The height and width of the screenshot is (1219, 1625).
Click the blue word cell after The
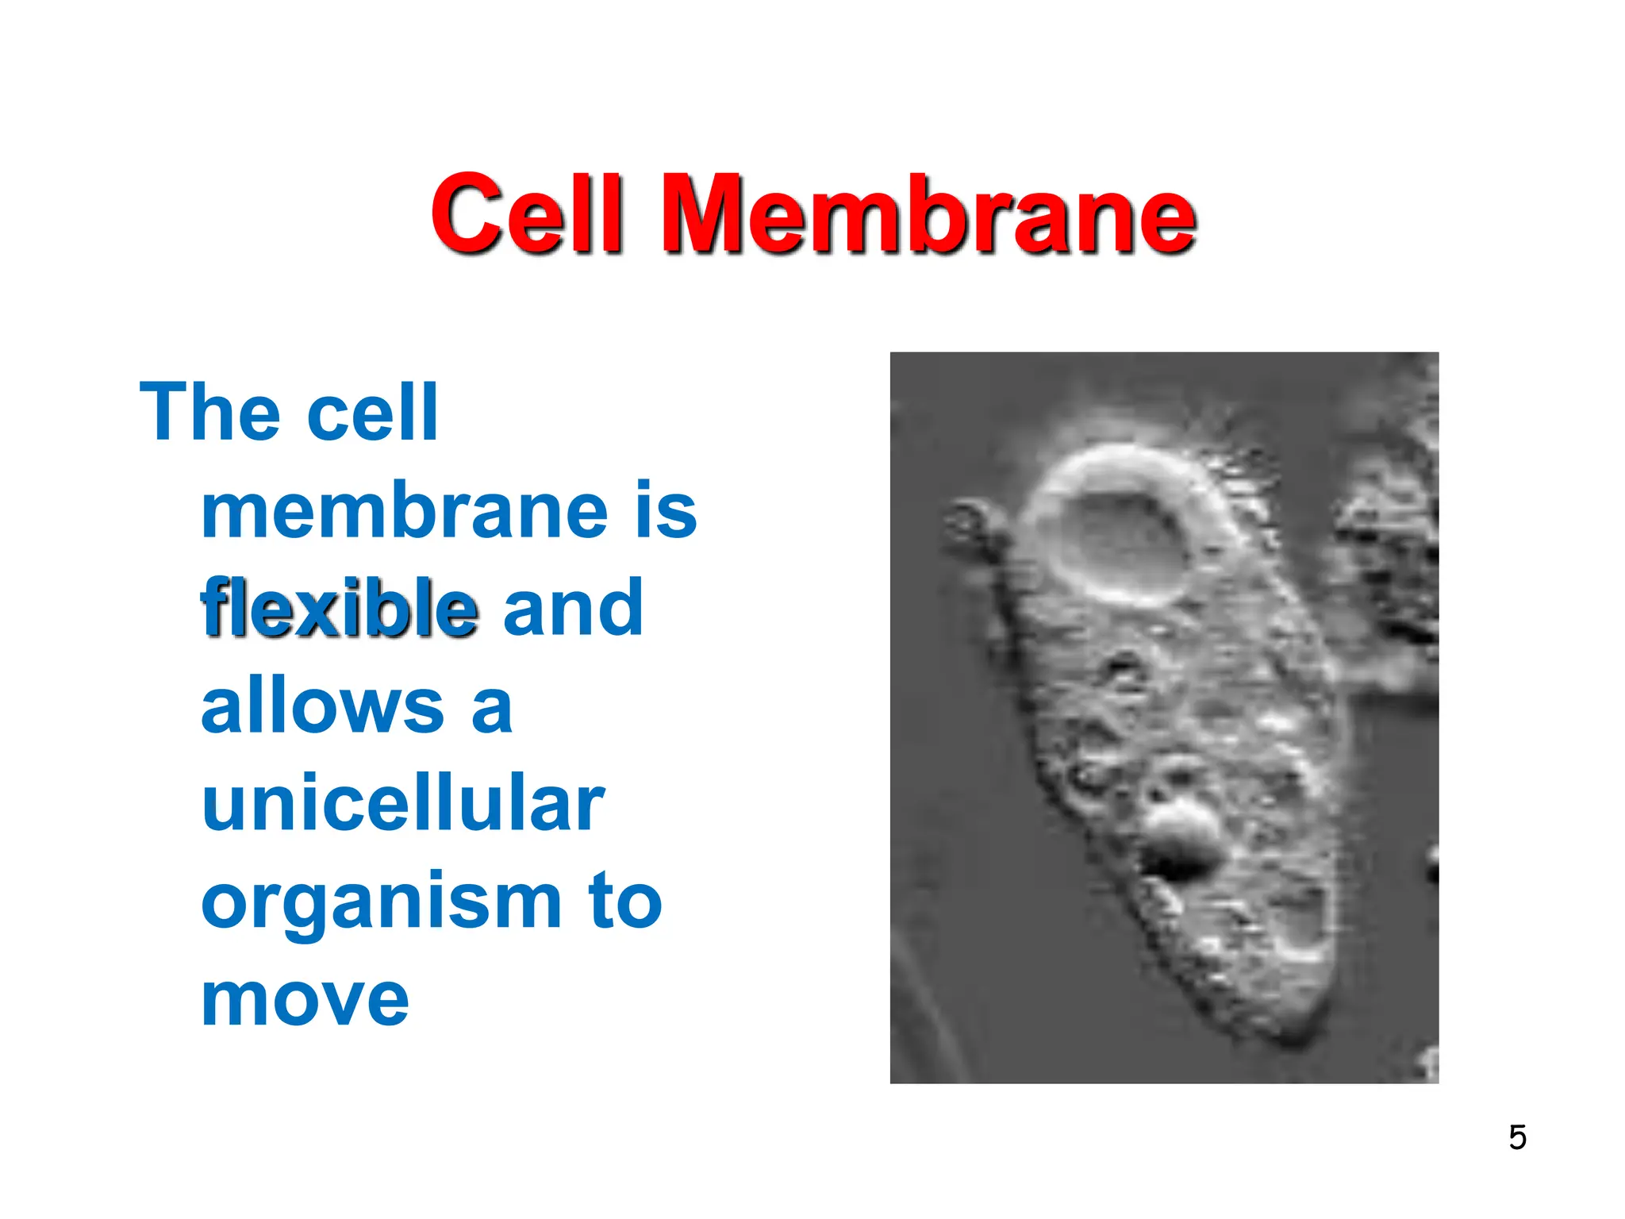point(372,414)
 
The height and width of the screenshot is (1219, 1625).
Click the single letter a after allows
point(492,708)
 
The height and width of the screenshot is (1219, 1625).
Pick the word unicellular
point(403,803)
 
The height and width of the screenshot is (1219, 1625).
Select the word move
point(305,1000)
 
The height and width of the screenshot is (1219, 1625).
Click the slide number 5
point(1517,1138)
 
